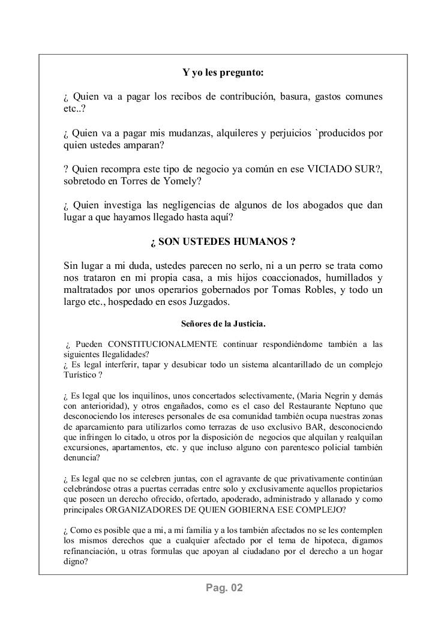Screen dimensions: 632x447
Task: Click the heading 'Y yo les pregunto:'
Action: pos(223,73)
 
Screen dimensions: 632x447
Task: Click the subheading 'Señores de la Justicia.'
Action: pos(223,324)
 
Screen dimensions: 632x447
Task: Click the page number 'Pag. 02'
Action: pos(223,588)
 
